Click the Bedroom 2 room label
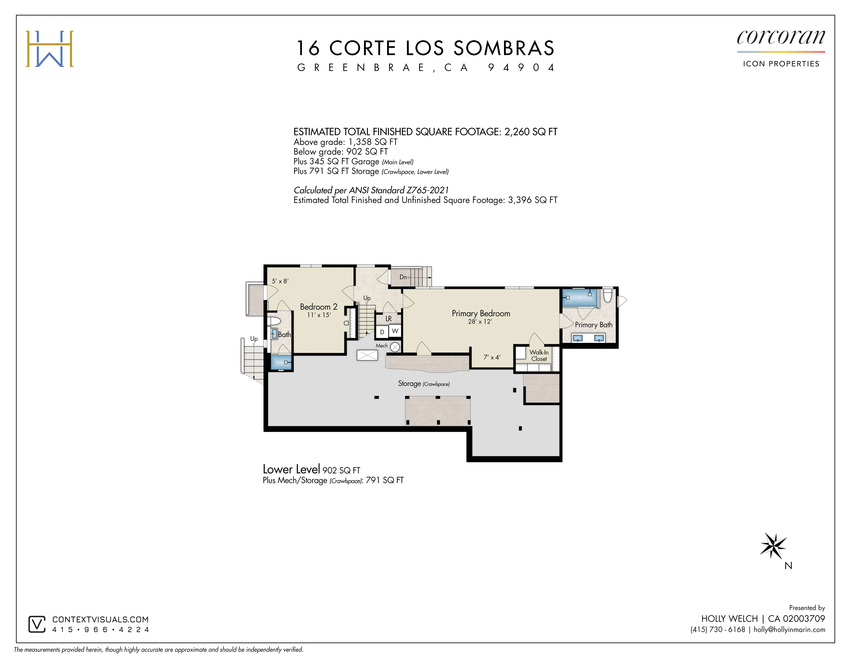coord(318,307)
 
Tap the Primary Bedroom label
coord(481,313)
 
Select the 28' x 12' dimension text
coord(480,322)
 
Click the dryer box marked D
coord(382,332)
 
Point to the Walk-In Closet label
coord(539,355)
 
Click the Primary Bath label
coord(593,325)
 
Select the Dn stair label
coord(403,277)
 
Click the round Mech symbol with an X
coord(395,347)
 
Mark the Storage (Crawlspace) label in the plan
coord(424,384)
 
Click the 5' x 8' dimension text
coord(280,281)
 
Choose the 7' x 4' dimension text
coord(492,357)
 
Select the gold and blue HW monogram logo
coord(50,49)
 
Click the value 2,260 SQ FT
coord(531,132)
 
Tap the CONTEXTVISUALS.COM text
coord(101,619)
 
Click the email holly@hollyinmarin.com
coord(789,629)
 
